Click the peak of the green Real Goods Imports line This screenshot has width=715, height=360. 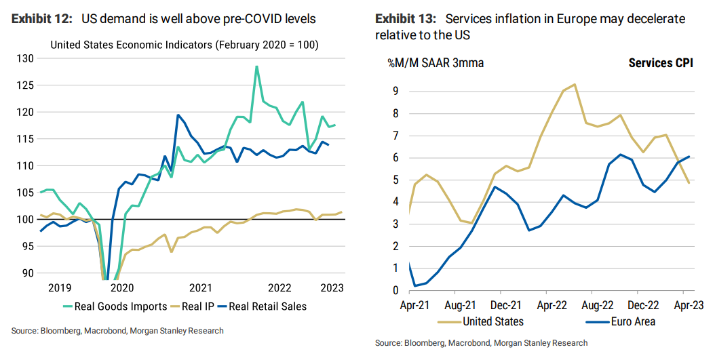click(256, 66)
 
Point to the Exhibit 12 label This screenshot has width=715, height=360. click(41, 19)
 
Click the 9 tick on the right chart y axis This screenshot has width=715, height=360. click(395, 91)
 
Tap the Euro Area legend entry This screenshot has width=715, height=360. click(629, 321)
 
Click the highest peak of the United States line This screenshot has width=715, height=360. click(575, 85)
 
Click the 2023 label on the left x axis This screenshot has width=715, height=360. click(330, 287)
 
